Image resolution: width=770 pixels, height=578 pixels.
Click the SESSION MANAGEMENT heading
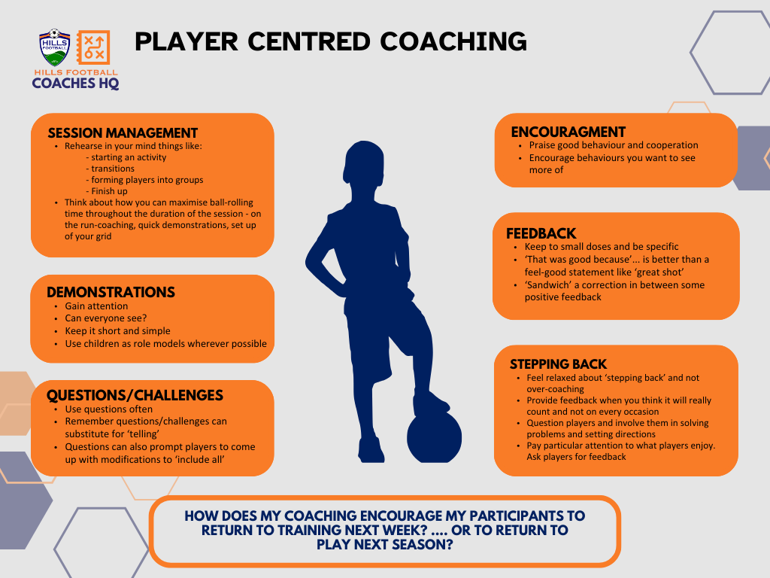click(x=123, y=133)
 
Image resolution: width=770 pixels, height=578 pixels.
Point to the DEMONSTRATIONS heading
click(x=111, y=292)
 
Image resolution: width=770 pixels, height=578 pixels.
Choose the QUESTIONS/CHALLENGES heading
click(x=135, y=395)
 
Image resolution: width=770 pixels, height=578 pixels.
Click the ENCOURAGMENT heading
click(x=568, y=132)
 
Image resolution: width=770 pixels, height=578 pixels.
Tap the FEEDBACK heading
click(x=541, y=233)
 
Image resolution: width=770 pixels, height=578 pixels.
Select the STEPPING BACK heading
click(x=558, y=364)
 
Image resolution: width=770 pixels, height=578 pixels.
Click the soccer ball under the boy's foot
click(x=434, y=438)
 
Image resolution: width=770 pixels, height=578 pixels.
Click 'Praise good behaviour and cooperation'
click(x=614, y=145)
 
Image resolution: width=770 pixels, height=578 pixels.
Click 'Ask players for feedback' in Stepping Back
click(x=576, y=457)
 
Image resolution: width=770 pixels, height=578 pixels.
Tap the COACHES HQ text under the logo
click(x=75, y=84)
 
